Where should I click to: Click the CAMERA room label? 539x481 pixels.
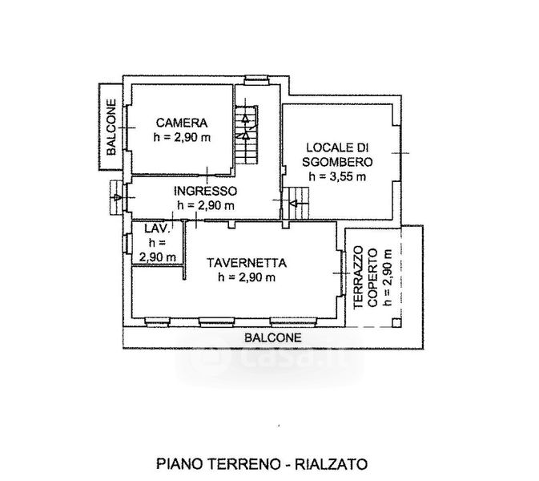point(182,123)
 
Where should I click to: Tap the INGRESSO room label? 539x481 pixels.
point(206,191)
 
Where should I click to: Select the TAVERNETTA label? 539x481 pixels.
point(246,262)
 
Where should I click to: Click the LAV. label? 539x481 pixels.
point(154,230)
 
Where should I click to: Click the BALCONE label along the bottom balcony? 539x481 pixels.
point(273,338)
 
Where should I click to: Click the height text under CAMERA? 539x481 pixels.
point(182,137)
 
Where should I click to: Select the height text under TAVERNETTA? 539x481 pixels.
point(246,277)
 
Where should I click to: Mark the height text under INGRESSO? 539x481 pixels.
point(206,205)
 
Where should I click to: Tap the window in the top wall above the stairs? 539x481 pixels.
point(255,78)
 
